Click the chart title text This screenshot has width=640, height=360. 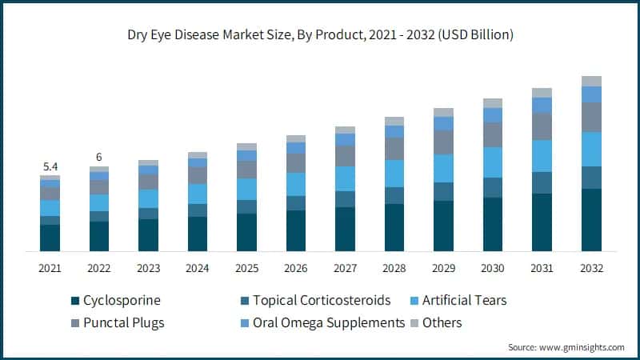tap(320, 35)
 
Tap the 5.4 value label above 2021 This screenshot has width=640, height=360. tap(50, 166)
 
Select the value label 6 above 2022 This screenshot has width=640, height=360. tap(99, 157)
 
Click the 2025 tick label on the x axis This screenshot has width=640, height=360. tap(247, 268)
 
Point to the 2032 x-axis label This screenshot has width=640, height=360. tap(591, 268)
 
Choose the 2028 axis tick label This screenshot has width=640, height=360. tap(394, 268)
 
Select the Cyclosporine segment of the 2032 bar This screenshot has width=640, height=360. tap(591, 220)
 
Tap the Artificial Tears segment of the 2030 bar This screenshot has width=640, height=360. tap(493, 162)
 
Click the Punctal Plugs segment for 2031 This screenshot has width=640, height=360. tap(542, 126)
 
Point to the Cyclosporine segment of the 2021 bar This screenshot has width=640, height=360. tap(50, 238)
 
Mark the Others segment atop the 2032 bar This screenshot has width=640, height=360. tap(591, 81)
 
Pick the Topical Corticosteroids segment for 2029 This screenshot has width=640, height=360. tap(444, 191)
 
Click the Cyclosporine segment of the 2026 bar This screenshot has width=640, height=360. tap(296, 231)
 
